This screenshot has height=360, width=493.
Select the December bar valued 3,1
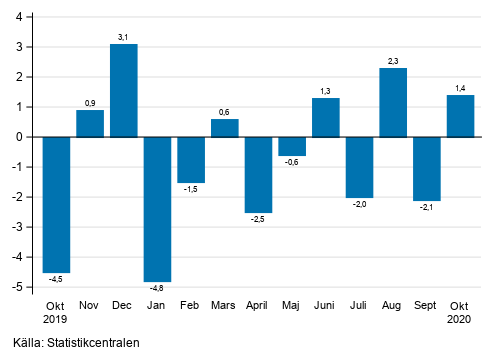(x=124, y=90)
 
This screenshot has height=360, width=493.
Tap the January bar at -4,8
(x=158, y=209)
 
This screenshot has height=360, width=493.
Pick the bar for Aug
(x=393, y=102)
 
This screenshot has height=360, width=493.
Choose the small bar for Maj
(x=292, y=146)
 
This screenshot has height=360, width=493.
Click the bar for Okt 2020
(x=460, y=116)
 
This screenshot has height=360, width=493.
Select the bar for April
(x=258, y=174)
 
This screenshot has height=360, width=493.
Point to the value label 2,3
(x=393, y=60)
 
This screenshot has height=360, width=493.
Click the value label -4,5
(x=57, y=279)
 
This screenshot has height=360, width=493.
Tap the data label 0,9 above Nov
(x=90, y=102)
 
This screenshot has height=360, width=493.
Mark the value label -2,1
(x=427, y=207)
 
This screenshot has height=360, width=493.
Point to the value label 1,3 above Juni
(x=326, y=90)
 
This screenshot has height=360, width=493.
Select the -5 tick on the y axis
(x=20, y=287)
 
